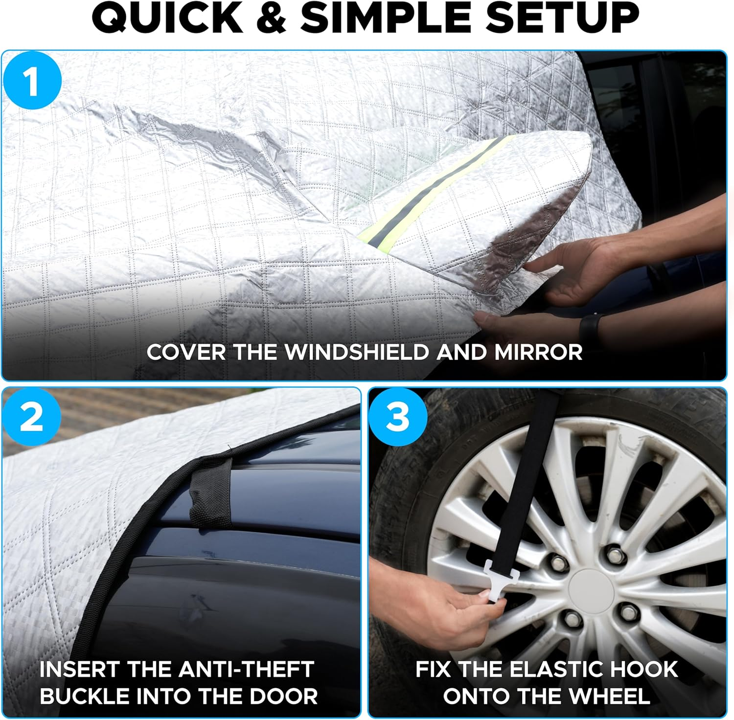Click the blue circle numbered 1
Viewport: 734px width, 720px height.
(x=32, y=81)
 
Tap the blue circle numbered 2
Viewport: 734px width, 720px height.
(x=32, y=417)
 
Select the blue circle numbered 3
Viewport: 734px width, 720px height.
(x=397, y=417)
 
